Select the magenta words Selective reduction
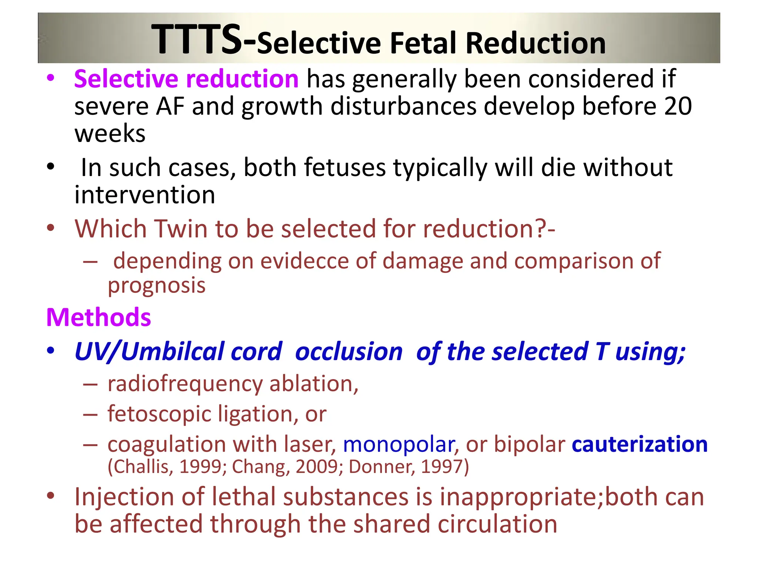tap(186, 79)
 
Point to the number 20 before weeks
tap(678, 106)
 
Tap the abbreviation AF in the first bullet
tap(170, 106)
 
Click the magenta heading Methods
tap(98, 317)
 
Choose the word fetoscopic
tap(160, 413)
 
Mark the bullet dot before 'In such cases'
tap(51, 167)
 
